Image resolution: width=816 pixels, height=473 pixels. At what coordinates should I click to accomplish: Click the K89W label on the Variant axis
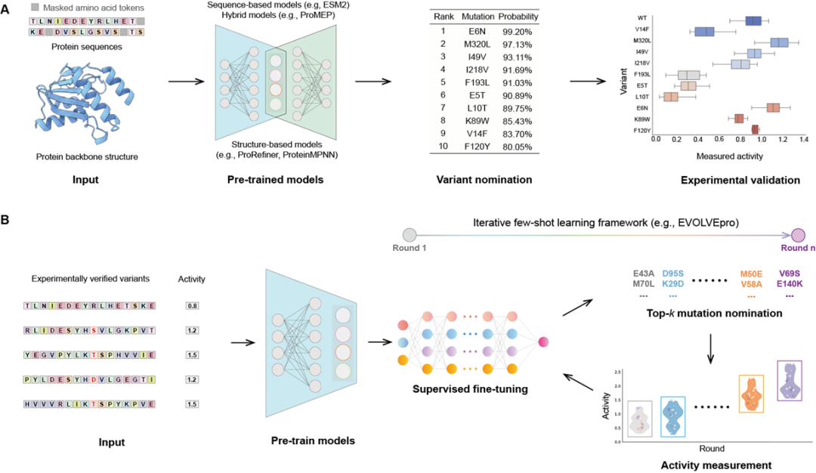tap(644, 119)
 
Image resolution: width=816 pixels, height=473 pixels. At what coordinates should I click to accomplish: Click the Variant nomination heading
tap(484, 181)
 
